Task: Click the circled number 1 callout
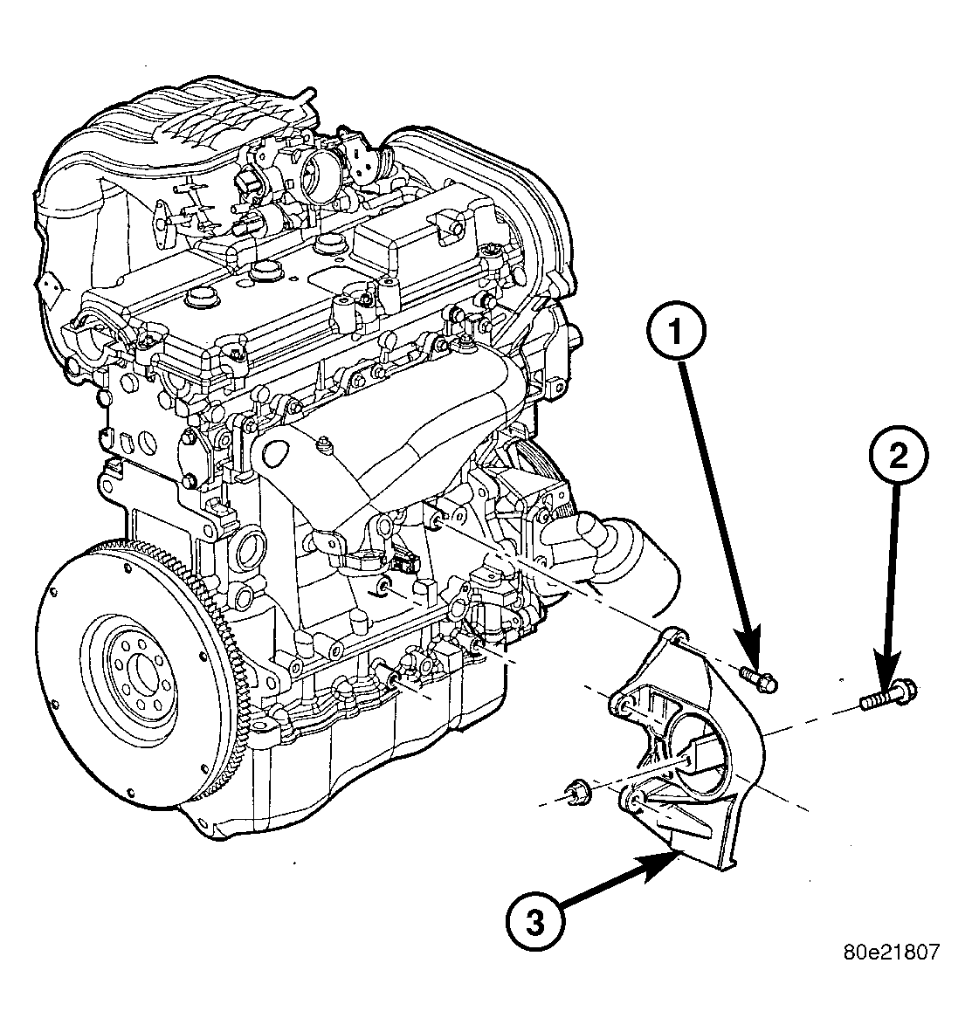[x=676, y=332]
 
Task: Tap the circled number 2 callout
[x=899, y=457]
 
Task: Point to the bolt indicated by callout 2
[x=886, y=695]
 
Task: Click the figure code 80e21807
[x=890, y=952]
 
